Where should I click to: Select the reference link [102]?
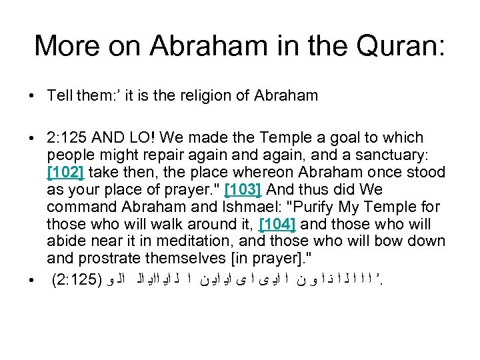coord(66,172)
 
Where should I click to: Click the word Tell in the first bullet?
coord(59,95)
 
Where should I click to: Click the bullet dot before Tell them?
coord(32,95)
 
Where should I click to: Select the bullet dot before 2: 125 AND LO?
coord(32,137)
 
